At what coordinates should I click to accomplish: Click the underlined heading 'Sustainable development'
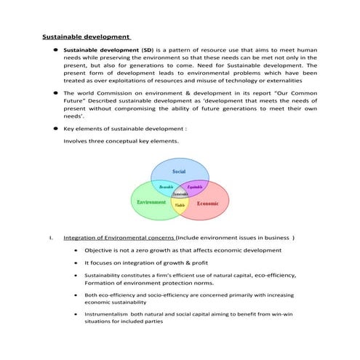85,36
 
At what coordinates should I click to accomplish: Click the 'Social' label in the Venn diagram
178,172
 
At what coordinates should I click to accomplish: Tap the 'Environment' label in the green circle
151,201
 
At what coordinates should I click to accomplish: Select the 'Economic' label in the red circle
208,204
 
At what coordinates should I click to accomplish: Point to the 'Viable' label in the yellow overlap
180,206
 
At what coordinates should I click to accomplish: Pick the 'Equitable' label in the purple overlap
195,187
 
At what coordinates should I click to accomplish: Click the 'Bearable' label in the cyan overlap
165,187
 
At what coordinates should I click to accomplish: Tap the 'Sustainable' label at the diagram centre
180,194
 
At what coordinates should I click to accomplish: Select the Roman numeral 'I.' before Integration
50,237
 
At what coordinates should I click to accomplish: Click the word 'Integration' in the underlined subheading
81,237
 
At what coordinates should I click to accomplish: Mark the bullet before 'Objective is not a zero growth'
76,250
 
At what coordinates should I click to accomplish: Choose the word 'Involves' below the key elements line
76,141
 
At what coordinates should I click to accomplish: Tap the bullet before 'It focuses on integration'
76,263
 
